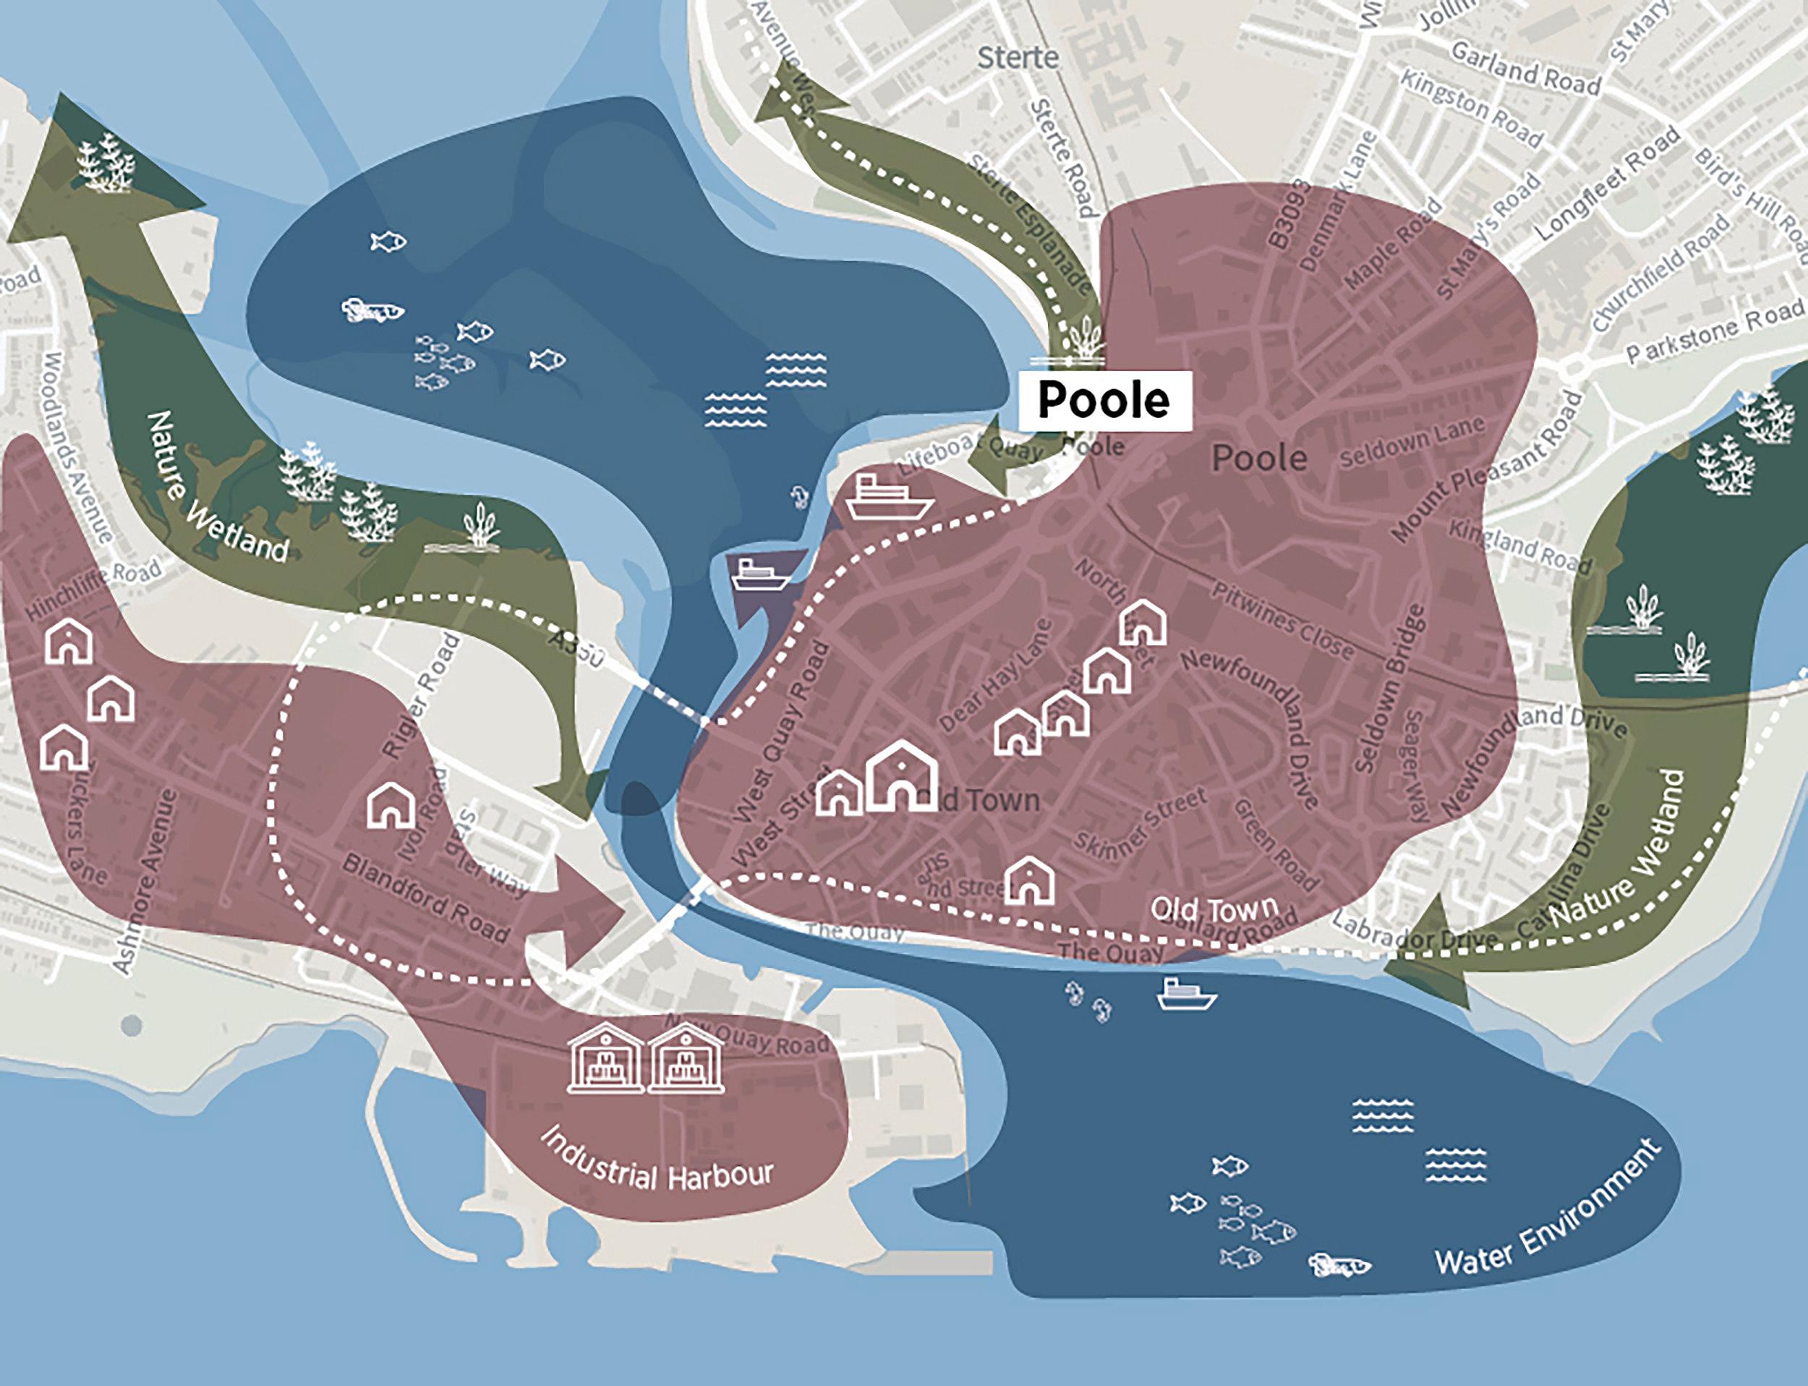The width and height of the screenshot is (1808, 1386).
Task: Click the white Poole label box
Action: [1104, 400]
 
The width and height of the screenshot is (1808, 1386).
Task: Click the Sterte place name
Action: [1017, 58]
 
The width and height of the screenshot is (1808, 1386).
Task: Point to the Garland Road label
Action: [1525, 69]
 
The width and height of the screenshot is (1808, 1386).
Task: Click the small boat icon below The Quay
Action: [1186, 994]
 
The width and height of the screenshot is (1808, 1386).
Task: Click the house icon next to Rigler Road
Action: [391, 805]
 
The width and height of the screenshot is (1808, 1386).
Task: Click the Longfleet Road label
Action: [1607, 183]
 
